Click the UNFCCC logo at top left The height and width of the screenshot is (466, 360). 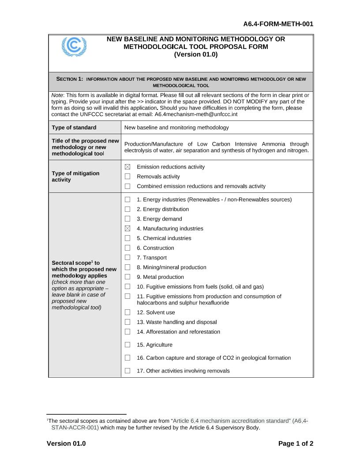(74, 46)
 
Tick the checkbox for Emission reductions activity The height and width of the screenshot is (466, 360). (127, 167)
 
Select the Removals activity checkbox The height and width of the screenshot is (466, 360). (127, 177)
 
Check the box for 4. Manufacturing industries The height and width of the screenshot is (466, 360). (127, 229)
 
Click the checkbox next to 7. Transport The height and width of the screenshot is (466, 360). (127, 258)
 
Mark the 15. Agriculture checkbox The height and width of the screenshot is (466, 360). (127, 345)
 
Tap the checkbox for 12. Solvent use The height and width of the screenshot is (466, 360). (127, 312)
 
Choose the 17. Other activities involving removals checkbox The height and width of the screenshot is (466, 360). (127, 371)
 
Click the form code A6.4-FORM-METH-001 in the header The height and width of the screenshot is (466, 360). (278, 24)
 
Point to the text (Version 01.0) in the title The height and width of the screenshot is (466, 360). (196, 55)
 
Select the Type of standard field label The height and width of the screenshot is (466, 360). (74, 128)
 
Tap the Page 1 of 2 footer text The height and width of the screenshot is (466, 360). (296, 443)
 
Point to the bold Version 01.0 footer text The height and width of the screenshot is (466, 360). (66, 443)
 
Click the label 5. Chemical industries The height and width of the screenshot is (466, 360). (164, 238)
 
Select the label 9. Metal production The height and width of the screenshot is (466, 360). (160, 277)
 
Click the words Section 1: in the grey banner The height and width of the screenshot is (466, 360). (70, 79)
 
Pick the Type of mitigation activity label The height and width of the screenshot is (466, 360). (75, 177)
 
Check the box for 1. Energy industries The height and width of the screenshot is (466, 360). (127, 199)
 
